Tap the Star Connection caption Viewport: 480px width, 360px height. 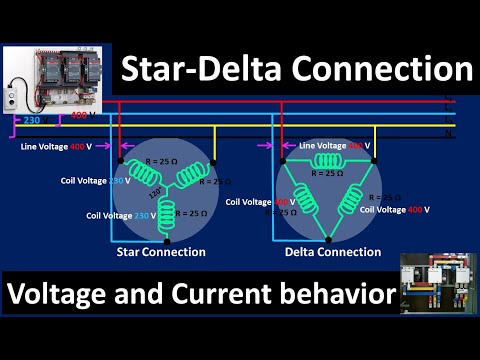[x=162, y=252]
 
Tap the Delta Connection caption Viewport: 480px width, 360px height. [x=331, y=252]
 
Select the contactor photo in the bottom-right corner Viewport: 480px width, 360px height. [x=436, y=284]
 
